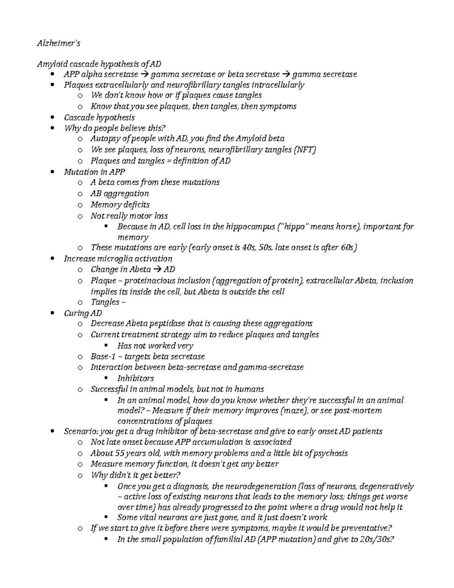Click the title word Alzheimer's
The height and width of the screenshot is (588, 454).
[58, 43]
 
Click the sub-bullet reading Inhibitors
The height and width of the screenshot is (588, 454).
[135, 378]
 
